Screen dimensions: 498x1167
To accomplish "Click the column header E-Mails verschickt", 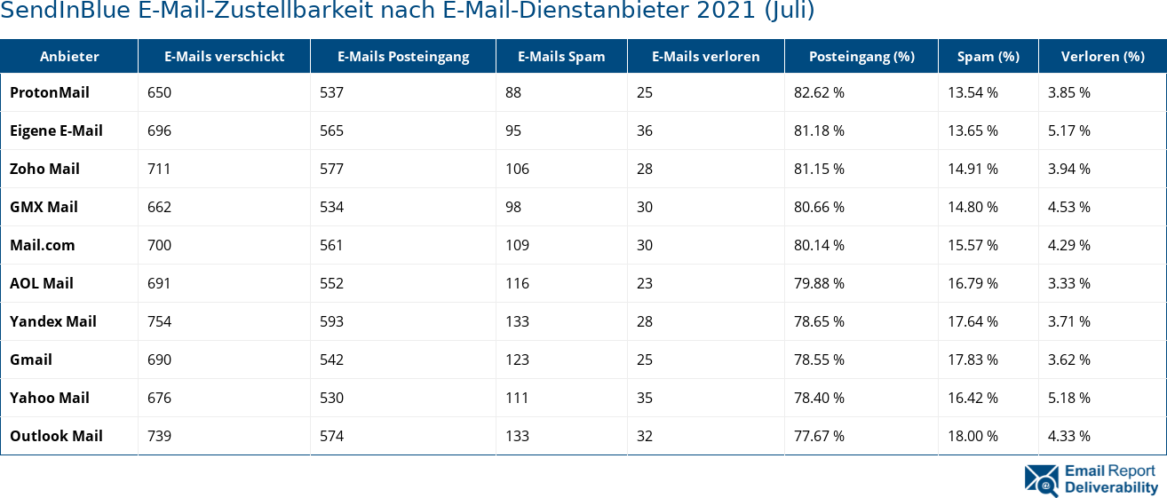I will tap(224, 56).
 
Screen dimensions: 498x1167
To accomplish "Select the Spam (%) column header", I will tap(988, 56).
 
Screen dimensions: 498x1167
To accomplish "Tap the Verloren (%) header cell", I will tap(1102, 56).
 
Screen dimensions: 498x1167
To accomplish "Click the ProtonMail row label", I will tap(50, 92).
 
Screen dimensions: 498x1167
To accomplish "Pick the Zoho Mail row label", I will tap(44, 169).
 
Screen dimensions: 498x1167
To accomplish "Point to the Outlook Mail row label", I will tap(56, 436).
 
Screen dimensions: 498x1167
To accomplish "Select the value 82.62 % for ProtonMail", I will tap(819, 92).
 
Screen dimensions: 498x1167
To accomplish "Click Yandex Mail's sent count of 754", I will tap(159, 321).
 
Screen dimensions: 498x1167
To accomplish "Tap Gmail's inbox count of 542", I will tap(331, 360).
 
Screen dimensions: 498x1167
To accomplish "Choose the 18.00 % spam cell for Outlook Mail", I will tap(972, 436).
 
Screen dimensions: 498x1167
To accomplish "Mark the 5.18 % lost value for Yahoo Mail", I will tap(1069, 398).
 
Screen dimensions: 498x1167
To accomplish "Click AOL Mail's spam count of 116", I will tap(517, 283).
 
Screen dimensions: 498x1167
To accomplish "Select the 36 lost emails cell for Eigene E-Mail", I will tap(645, 130).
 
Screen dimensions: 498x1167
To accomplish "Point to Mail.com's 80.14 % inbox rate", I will tap(819, 245).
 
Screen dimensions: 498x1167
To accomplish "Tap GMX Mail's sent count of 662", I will tap(159, 207).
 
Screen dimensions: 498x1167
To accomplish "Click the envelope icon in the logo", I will tap(1041, 479).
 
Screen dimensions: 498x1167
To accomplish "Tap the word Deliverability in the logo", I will tap(1111, 487).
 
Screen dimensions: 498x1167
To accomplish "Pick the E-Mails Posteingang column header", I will tap(403, 56).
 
